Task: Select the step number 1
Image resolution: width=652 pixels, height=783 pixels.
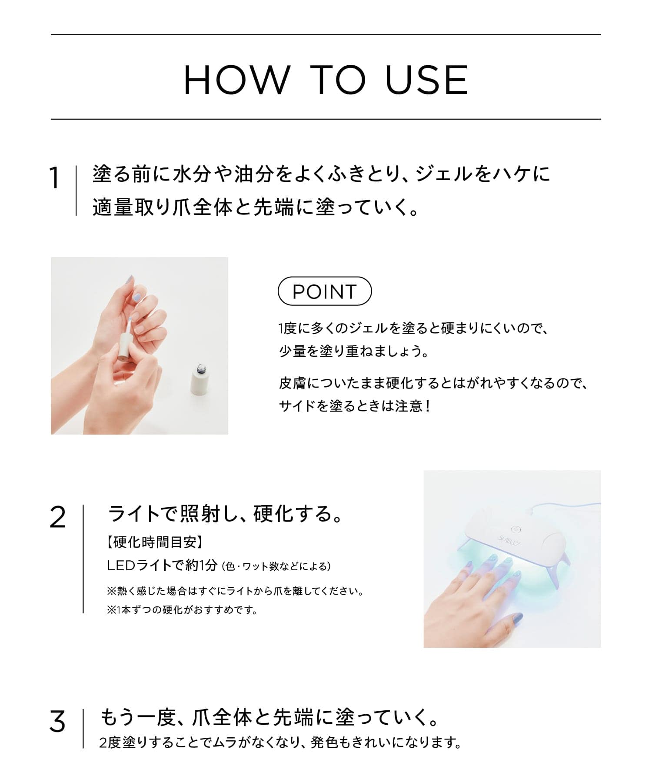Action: pos(54,178)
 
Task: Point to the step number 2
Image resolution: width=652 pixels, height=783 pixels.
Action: pos(57,518)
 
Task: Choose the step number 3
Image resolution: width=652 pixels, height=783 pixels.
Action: pos(57,722)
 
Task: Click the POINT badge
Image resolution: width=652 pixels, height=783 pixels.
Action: pos(325,291)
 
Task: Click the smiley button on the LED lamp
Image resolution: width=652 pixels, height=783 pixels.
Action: pos(516,529)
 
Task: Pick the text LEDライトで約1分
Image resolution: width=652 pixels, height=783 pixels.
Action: pos(162,565)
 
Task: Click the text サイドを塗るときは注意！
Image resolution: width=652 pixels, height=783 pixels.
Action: pos(355,406)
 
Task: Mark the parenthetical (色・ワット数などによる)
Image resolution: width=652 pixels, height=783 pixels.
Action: pos(277,566)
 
